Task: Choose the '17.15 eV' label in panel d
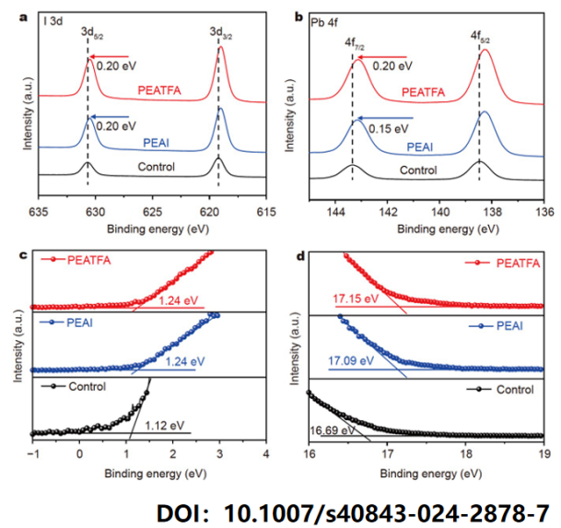coord(353,298)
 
